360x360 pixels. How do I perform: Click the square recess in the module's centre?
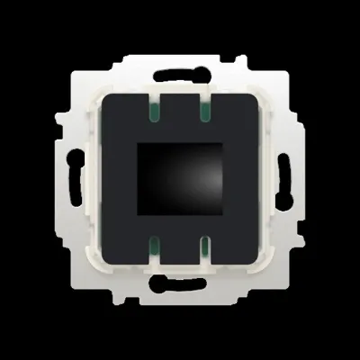(x=179, y=178)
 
